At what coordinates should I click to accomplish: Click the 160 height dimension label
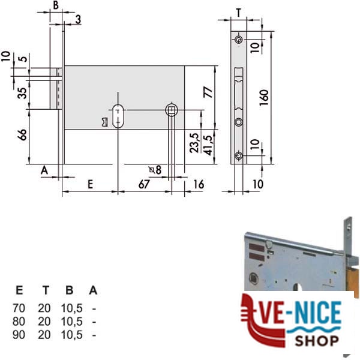[264, 97]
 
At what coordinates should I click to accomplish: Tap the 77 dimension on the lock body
[208, 92]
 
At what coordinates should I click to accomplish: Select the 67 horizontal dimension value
[144, 184]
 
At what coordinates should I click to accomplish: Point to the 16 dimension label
[199, 184]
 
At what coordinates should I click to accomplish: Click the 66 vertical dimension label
[22, 134]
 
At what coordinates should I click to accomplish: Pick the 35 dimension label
[22, 93]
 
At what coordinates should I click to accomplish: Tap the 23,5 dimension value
[194, 143]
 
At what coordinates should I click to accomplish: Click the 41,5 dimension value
[208, 145]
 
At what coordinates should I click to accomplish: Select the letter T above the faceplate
[239, 13]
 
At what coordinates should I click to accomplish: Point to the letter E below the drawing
[91, 184]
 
